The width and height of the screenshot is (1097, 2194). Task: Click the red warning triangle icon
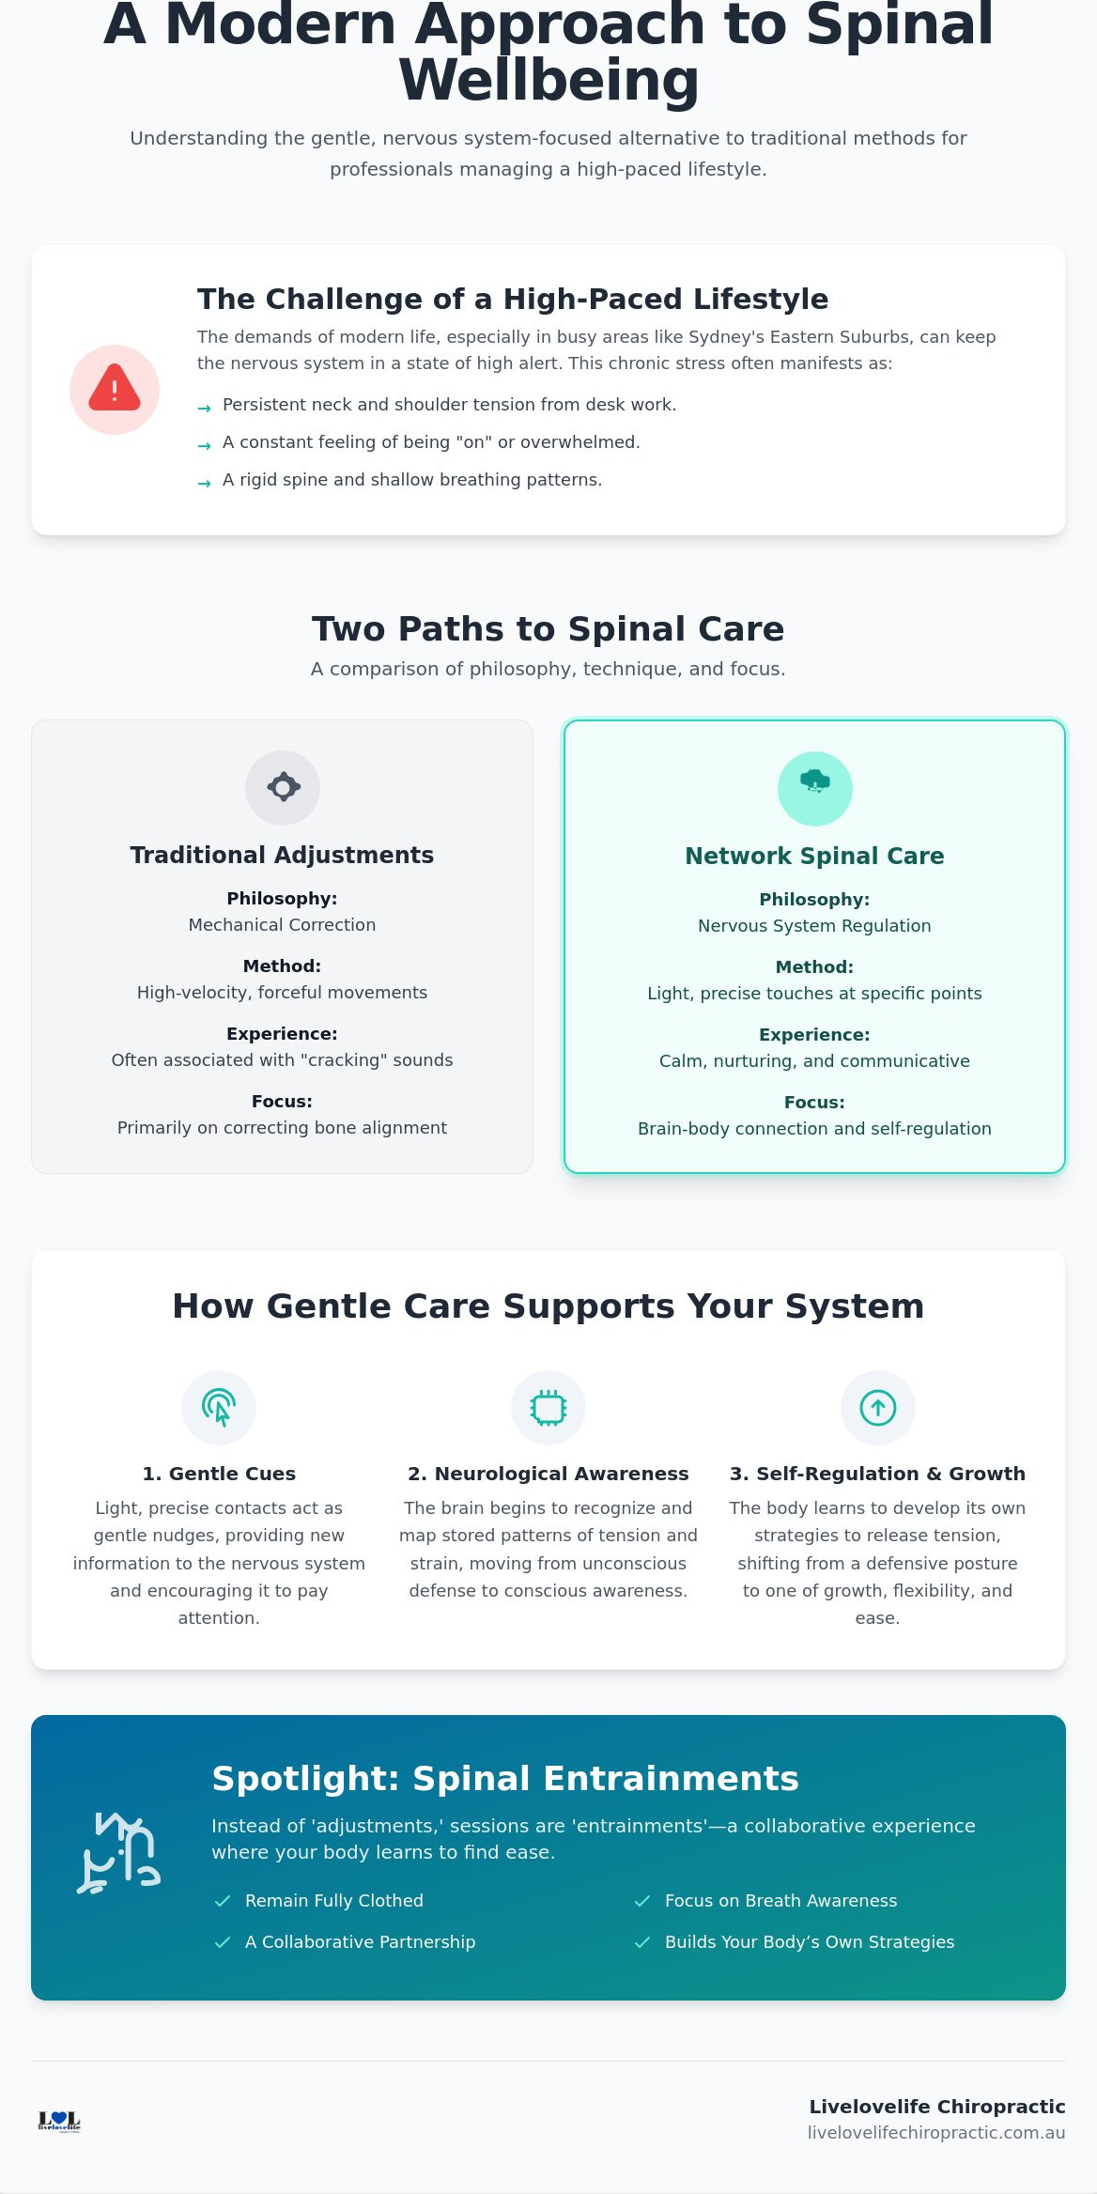115,388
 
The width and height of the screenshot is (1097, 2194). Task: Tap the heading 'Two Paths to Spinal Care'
548,629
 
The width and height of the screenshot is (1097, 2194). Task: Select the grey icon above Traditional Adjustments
283,787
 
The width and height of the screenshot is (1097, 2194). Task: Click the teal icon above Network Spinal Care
815,781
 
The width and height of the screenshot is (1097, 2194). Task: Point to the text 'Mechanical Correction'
282,925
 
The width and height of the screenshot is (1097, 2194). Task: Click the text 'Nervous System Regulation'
814,926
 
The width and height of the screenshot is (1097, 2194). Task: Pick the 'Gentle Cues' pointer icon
219,1408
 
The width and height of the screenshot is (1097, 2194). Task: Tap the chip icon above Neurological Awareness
548,1408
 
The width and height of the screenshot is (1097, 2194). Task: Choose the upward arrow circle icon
878,1408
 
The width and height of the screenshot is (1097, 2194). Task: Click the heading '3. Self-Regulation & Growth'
877,1474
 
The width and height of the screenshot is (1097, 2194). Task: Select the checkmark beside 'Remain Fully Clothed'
223,1901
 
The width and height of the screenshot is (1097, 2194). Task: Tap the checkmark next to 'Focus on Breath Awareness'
642,1901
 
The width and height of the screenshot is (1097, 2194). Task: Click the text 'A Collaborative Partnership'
360,1942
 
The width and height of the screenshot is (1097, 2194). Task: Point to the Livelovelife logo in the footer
59,2121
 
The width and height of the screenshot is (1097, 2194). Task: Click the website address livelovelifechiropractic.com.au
936,2133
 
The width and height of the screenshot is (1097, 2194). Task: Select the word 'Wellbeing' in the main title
548,81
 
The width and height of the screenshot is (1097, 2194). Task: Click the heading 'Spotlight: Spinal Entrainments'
505,1779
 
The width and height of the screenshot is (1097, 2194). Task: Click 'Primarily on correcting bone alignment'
282,1128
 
